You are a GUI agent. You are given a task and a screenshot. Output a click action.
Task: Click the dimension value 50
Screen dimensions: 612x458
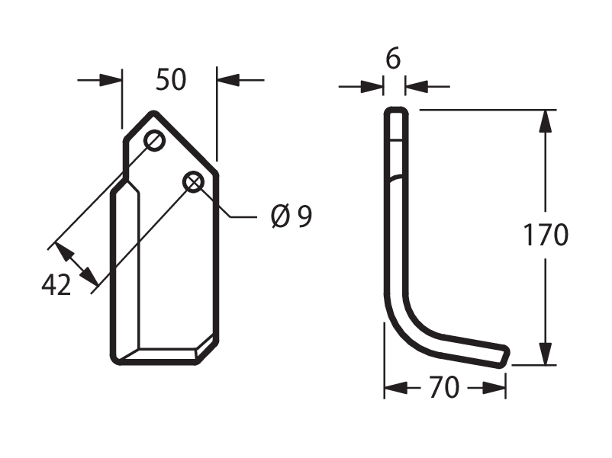point(171,80)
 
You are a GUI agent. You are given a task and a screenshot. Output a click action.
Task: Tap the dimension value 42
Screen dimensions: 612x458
point(56,285)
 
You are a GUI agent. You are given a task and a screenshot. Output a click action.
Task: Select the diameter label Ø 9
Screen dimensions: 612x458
point(292,216)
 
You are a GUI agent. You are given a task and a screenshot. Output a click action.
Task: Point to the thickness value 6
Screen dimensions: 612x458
point(393,59)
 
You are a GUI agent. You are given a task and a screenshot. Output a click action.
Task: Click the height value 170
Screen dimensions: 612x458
point(546,235)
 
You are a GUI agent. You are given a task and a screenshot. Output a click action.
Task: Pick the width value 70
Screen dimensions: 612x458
point(444,387)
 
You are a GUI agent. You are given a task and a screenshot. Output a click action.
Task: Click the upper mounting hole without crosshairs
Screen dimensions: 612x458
point(155,140)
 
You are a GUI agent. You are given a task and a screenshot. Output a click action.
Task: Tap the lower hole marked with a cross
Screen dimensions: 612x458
point(194,181)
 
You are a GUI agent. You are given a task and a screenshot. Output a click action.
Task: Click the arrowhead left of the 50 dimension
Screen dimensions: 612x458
point(111,80)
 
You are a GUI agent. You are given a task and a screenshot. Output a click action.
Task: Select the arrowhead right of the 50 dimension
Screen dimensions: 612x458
point(228,80)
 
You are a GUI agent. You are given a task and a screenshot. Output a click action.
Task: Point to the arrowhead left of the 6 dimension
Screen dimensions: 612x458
point(372,87)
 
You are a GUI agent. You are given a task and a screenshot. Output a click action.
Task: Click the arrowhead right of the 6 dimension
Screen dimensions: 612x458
point(417,87)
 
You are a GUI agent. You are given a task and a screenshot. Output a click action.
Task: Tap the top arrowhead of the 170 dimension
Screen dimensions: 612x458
point(546,122)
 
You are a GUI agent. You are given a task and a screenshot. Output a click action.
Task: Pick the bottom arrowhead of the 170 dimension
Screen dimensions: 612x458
point(546,354)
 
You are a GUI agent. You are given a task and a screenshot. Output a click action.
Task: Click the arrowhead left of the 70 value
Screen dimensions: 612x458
point(396,388)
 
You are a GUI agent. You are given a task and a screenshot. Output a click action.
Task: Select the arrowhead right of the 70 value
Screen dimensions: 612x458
point(494,388)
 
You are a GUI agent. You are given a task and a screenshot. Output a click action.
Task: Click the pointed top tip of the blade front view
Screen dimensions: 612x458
point(153,114)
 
